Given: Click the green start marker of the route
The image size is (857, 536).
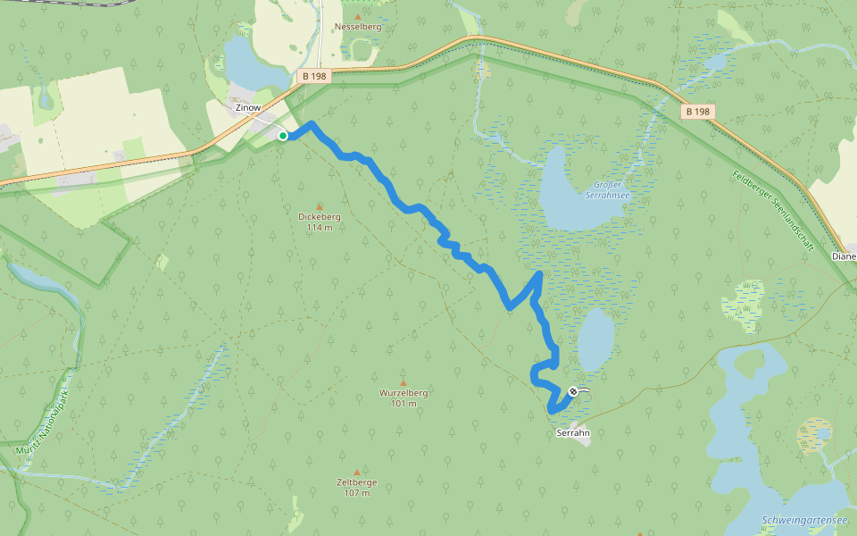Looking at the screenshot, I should pos(283,136).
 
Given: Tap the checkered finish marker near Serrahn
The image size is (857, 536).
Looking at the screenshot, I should pos(572,390).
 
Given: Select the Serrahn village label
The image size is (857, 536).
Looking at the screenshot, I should pos(573,433).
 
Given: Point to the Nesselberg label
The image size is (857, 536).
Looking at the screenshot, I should pos(357,28).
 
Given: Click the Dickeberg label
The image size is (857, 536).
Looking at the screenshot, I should pos(319,216).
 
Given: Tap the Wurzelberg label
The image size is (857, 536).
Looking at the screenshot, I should pos(404,393).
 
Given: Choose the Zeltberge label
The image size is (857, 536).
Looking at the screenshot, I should pos(357,482).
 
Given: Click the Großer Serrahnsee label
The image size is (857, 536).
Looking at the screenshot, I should pos(609,190).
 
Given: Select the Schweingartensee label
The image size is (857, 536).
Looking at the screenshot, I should pos(804,521).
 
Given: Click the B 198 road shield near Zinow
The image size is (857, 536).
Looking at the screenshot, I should pos(315,77).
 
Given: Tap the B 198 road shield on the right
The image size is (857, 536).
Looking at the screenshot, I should pos(698,113).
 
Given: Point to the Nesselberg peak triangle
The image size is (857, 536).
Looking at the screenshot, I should pos(358,16).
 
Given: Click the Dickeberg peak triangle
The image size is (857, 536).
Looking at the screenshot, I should pos(320,205).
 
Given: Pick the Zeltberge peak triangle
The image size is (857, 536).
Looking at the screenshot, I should pos(357,472).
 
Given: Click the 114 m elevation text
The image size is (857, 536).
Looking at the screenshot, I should pos(319,228).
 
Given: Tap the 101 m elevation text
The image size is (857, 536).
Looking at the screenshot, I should pos(404,404).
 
